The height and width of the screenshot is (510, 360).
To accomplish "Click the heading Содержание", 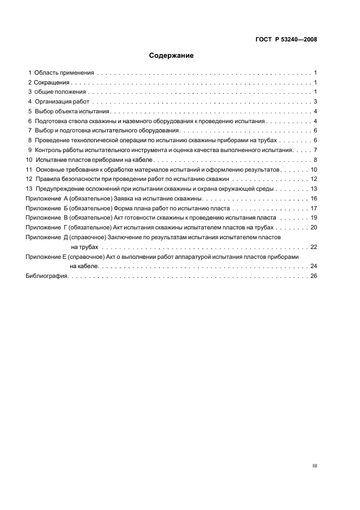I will pos(172,56).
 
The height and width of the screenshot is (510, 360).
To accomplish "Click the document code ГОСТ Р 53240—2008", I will pos(286,40).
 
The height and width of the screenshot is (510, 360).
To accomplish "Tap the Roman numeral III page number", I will pos(314,466).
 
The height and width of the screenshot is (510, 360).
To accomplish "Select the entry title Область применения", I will pos(64,72).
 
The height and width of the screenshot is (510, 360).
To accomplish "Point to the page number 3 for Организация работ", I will pos(315,101).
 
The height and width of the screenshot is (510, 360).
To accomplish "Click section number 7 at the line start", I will pos(30,130).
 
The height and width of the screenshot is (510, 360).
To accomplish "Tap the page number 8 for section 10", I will pos(315,160).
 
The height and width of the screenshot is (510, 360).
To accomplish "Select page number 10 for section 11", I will pos(314,169).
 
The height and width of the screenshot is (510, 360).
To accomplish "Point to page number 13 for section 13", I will pos(314,189).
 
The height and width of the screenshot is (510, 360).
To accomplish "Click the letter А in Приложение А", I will pos(66,198).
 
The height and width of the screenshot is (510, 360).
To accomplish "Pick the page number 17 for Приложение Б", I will pos(314,208).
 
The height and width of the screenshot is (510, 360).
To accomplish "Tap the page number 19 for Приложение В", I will pos(314,217).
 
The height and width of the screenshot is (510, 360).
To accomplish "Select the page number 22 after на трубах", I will pos(314,247).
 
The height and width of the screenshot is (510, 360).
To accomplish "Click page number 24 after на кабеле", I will pos(314,266).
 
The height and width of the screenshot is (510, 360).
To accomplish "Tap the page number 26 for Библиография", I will pos(314,276).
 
